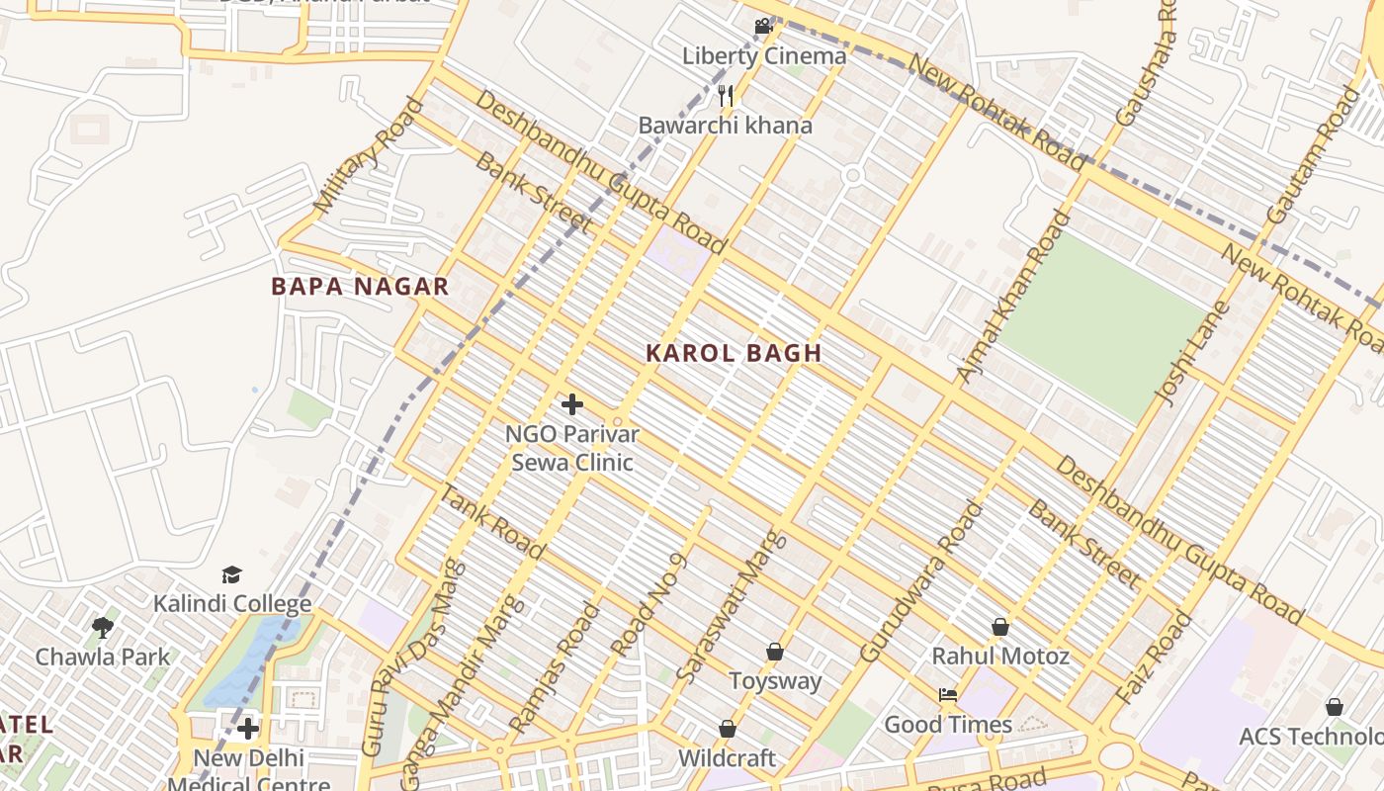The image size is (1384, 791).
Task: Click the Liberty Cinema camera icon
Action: click(763, 27)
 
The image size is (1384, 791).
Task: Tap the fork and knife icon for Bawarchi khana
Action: click(726, 95)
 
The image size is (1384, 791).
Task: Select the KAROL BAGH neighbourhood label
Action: click(734, 353)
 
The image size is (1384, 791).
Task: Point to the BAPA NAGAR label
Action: click(360, 287)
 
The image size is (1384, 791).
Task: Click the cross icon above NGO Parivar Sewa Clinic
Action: click(571, 404)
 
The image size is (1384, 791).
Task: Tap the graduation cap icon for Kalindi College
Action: click(231, 574)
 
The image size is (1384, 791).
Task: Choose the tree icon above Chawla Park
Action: click(103, 628)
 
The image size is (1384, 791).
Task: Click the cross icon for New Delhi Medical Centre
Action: click(247, 730)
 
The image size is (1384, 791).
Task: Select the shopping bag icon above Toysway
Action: click(775, 652)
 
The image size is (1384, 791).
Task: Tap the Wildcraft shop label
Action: click(727, 758)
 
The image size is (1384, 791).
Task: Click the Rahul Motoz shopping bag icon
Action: click(1000, 627)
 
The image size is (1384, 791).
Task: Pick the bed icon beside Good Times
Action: click(948, 695)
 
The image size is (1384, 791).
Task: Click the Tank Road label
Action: click(491, 522)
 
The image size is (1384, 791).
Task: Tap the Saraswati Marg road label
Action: click(733, 608)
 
